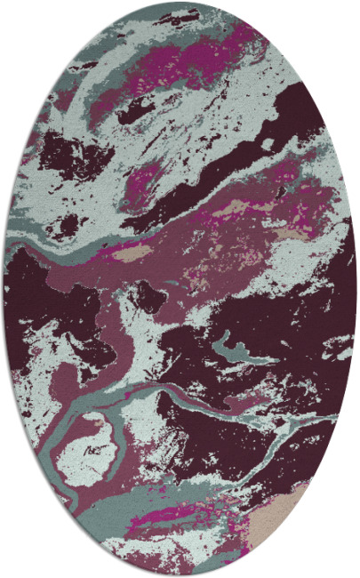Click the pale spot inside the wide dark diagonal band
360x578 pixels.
click(x=267, y=142)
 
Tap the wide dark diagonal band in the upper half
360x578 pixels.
click(x=222, y=169)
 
